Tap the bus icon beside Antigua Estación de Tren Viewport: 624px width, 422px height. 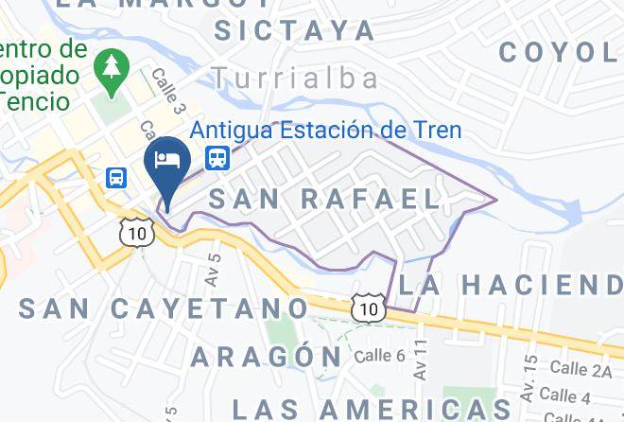[217, 156]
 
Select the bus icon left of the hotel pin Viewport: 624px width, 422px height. [117, 177]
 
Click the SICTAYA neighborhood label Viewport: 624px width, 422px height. [295, 30]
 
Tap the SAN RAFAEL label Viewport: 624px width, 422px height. [324, 199]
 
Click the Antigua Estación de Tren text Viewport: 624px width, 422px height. [326, 130]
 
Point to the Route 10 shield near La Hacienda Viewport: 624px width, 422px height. [368, 308]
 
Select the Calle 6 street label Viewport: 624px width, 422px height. [380, 356]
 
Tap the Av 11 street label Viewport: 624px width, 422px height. [421, 360]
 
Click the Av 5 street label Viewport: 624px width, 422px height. [214, 269]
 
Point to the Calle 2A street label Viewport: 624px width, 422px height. [581, 368]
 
